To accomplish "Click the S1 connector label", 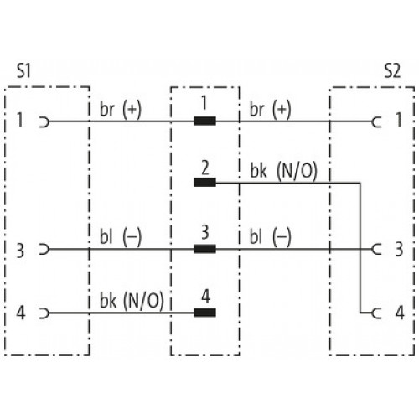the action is tap(23, 70).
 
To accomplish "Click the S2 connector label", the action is tap(392, 70).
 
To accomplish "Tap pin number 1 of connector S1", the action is tap(20, 120).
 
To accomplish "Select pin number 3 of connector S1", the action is tap(20, 251).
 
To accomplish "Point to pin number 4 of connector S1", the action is tap(21, 313).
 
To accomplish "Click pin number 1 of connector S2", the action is tap(399, 120).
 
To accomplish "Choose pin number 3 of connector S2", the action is tap(400, 249).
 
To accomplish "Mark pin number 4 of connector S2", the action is tap(400, 313).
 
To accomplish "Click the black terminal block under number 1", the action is tap(205, 121).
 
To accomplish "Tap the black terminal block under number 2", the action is tap(205, 183).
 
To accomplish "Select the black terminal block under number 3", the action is tap(205, 249).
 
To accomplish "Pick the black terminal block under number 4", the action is tap(205, 313).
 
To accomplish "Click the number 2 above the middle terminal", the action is tap(205, 168).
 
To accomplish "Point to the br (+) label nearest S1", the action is tap(121, 109).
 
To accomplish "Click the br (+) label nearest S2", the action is tap(270, 109).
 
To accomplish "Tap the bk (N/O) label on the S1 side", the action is tap(132, 301).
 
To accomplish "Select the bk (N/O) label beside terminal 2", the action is tap(283, 171).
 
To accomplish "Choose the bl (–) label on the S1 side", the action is tap(121, 237).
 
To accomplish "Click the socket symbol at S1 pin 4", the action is tap(44, 313).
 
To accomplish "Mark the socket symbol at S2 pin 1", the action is tap(377, 122).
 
